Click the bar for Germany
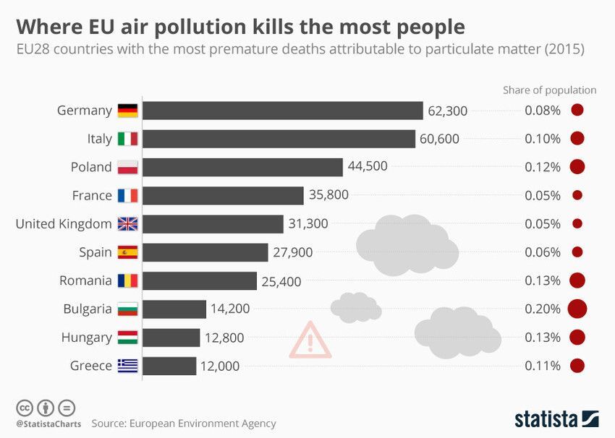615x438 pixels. coord(282,111)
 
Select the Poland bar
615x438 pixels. coord(242,167)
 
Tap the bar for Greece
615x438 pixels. coord(169,366)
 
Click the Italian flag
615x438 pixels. coord(128,139)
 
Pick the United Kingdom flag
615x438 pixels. coord(128,224)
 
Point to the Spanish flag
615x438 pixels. coord(128,252)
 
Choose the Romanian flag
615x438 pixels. coord(128,280)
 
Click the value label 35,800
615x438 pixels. coord(328,195)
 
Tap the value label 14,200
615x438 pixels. coord(230,309)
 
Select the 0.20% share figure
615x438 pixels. coord(543,309)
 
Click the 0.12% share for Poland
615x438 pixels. coord(543,167)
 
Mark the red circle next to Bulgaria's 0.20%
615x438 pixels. coord(577,309)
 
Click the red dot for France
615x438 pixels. coord(577,195)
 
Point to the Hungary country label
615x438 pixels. coord(87,338)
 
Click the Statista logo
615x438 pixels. coord(556,418)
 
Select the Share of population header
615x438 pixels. coord(550,90)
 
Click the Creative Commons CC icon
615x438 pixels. coord(24,407)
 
